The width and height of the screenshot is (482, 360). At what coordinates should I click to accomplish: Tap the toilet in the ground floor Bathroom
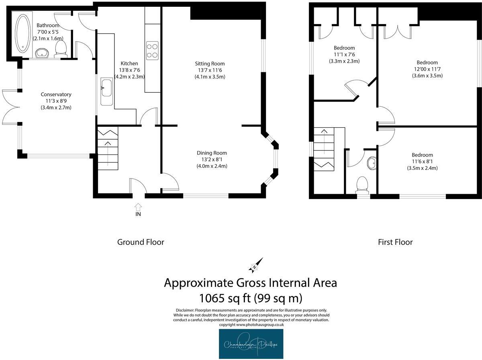61,49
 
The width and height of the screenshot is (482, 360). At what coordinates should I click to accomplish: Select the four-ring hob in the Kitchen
152,50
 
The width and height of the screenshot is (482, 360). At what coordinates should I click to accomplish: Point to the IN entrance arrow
138,207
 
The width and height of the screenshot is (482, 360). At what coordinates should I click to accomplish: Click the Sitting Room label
210,63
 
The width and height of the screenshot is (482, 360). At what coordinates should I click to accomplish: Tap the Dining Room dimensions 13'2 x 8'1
212,159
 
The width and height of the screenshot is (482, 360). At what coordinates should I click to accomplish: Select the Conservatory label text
56,95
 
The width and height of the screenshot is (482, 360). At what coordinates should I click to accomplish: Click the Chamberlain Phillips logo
251,344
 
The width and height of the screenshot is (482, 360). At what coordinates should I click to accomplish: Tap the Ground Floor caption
141,242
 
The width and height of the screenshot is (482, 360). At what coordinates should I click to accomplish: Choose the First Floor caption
395,242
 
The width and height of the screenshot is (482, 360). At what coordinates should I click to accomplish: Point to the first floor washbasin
372,163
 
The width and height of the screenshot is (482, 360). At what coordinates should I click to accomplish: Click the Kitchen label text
129,63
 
